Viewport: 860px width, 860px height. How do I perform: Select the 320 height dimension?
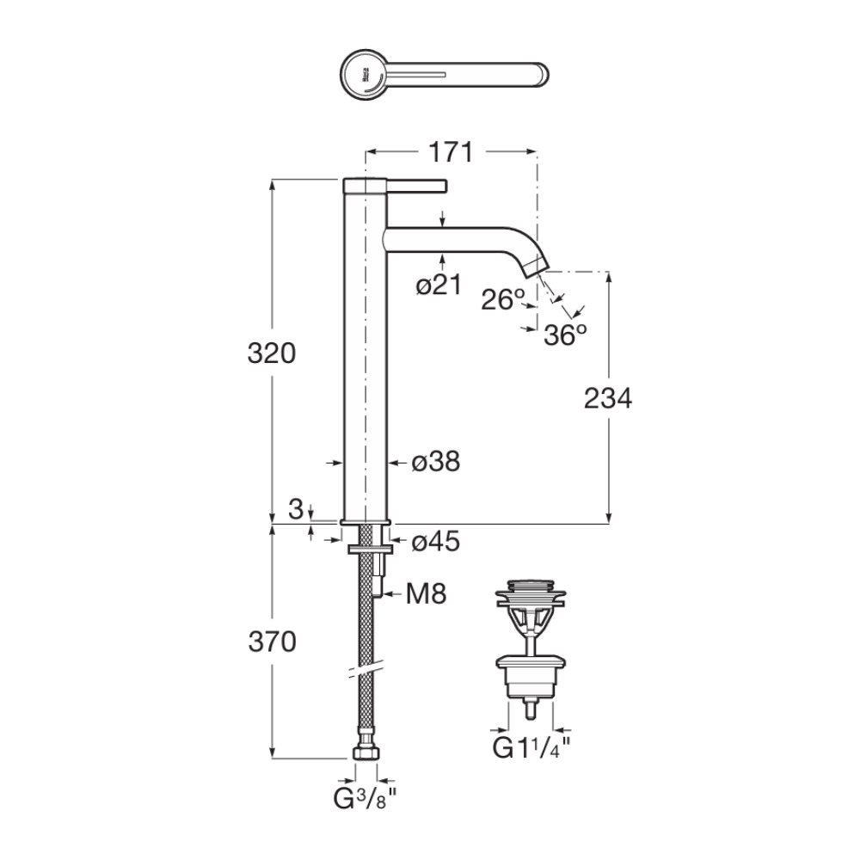coord(271,353)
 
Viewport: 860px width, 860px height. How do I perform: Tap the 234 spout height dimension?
coord(607,398)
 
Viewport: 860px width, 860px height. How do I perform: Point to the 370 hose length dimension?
coord(271,642)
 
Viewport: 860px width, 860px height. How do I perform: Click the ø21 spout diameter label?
coord(439,286)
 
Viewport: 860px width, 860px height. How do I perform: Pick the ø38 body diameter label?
coord(435,462)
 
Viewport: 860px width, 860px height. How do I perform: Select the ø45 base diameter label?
coord(435,541)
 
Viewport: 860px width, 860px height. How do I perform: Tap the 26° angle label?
coord(503,299)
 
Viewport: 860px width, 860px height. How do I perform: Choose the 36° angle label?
coord(565,335)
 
